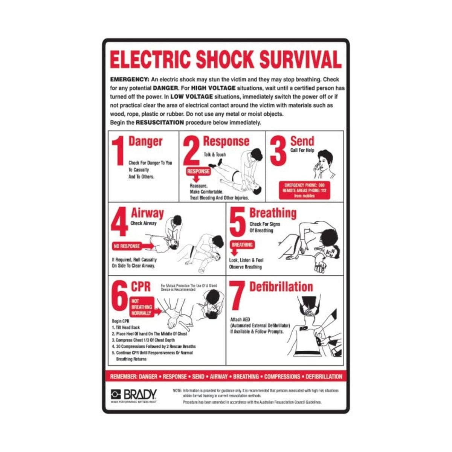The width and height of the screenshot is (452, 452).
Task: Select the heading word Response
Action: click(226, 141)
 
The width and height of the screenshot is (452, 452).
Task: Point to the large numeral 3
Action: click(278, 151)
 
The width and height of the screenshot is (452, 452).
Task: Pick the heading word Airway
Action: click(147, 213)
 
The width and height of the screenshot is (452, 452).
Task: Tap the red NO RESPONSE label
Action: click(127, 246)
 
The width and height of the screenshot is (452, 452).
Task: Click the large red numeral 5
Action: click(237, 222)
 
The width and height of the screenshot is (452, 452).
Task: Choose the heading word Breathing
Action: click(273, 213)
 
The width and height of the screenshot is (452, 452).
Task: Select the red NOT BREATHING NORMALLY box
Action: click(141, 307)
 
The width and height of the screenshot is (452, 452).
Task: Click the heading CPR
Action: click(140, 287)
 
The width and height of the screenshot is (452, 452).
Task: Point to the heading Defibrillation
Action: click(281, 287)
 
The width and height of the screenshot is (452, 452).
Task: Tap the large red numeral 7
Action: click(237, 296)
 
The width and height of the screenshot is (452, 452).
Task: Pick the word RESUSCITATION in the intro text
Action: click(160, 122)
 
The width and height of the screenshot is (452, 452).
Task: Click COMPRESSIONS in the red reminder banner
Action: click(282, 376)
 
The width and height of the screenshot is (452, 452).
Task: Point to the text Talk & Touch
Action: click(215, 154)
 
